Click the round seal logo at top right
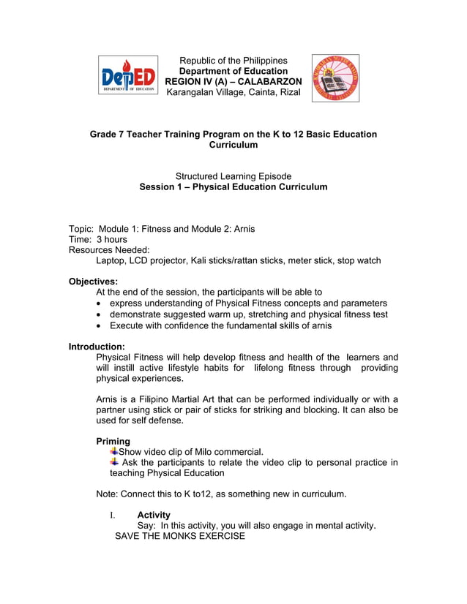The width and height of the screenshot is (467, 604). click(336, 78)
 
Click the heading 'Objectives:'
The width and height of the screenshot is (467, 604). click(93, 281)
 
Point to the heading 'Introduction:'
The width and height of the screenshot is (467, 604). click(97, 346)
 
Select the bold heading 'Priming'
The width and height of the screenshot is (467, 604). click(113, 441)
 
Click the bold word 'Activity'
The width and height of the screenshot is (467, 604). click(154, 515)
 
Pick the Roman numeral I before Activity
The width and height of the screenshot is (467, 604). click(112, 515)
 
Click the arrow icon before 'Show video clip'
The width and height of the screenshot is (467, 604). click(114, 450)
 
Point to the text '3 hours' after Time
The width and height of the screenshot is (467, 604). click(112, 239)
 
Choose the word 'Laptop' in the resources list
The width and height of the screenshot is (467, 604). click(111, 260)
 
